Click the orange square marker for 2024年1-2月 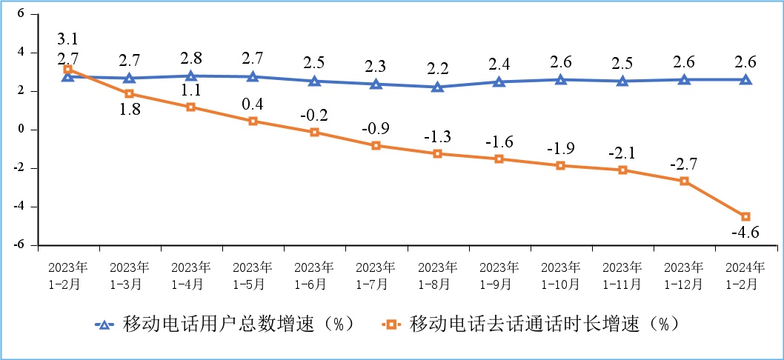pyautogui.click(x=745, y=216)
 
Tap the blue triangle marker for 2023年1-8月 pyautogui.click(x=437, y=87)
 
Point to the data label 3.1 pyautogui.click(x=68, y=38)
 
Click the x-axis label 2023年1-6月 pyautogui.click(x=314, y=275)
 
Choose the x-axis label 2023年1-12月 pyautogui.click(x=683, y=275)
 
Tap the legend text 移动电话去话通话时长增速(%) pyautogui.click(x=543, y=324)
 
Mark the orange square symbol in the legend pyautogui.click(x=391, y=324)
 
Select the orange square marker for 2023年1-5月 pyautogui.click(x=253, y=121)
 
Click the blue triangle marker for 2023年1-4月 pyautogui.click(x=191, y=76)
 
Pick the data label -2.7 pyautogui.click(x=684, y=164)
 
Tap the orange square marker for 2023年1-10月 pyautogui.click(x=561, y=165)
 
